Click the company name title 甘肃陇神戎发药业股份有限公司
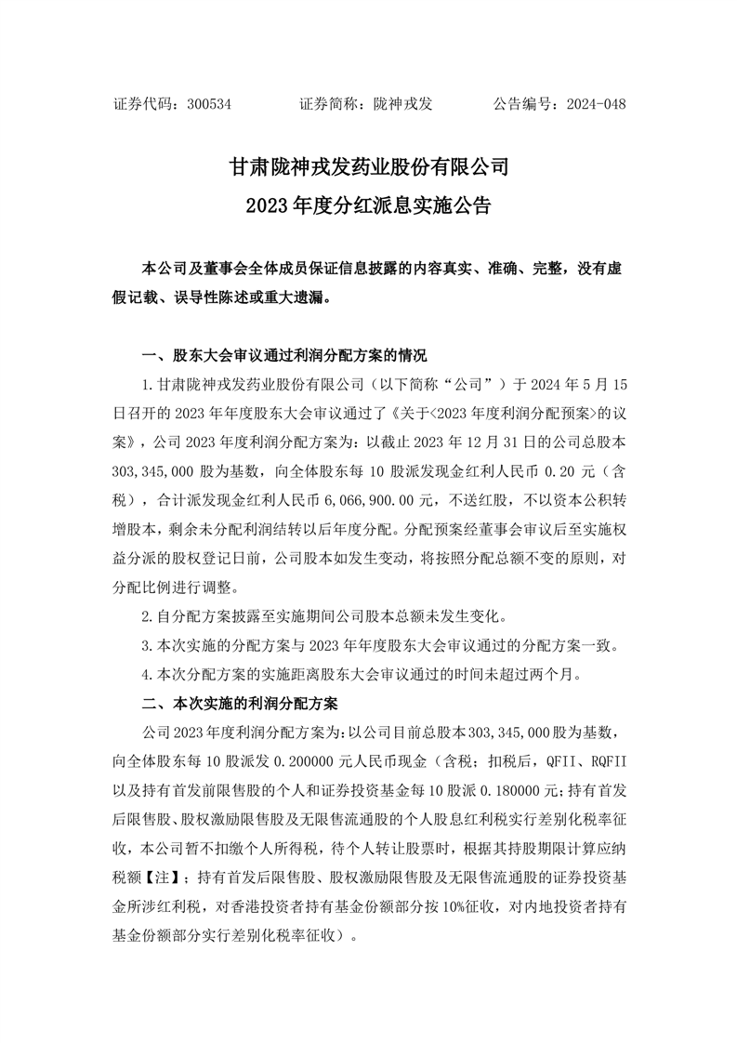[368, 167]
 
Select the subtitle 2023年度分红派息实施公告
[368, 205]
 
